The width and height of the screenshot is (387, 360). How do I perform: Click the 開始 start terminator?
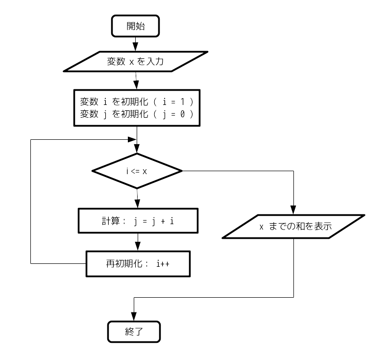pyautogui.click(x=136, y=26)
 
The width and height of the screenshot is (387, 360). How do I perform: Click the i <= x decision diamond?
pyautogui.click(x=137, y=171)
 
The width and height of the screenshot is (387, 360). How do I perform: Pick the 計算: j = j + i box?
pyautogui.click(x=138, y=221)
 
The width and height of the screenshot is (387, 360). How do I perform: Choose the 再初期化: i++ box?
pyautogui.click(x=138, y=263)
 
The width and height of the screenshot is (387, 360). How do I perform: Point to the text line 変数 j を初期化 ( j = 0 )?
pyautogui.click(x=137, y=114)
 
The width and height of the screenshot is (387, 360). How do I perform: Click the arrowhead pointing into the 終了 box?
pyautogui.click(x=133, y=317)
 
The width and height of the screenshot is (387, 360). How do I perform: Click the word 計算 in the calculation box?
pyautogui.click(x=106, y=221)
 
